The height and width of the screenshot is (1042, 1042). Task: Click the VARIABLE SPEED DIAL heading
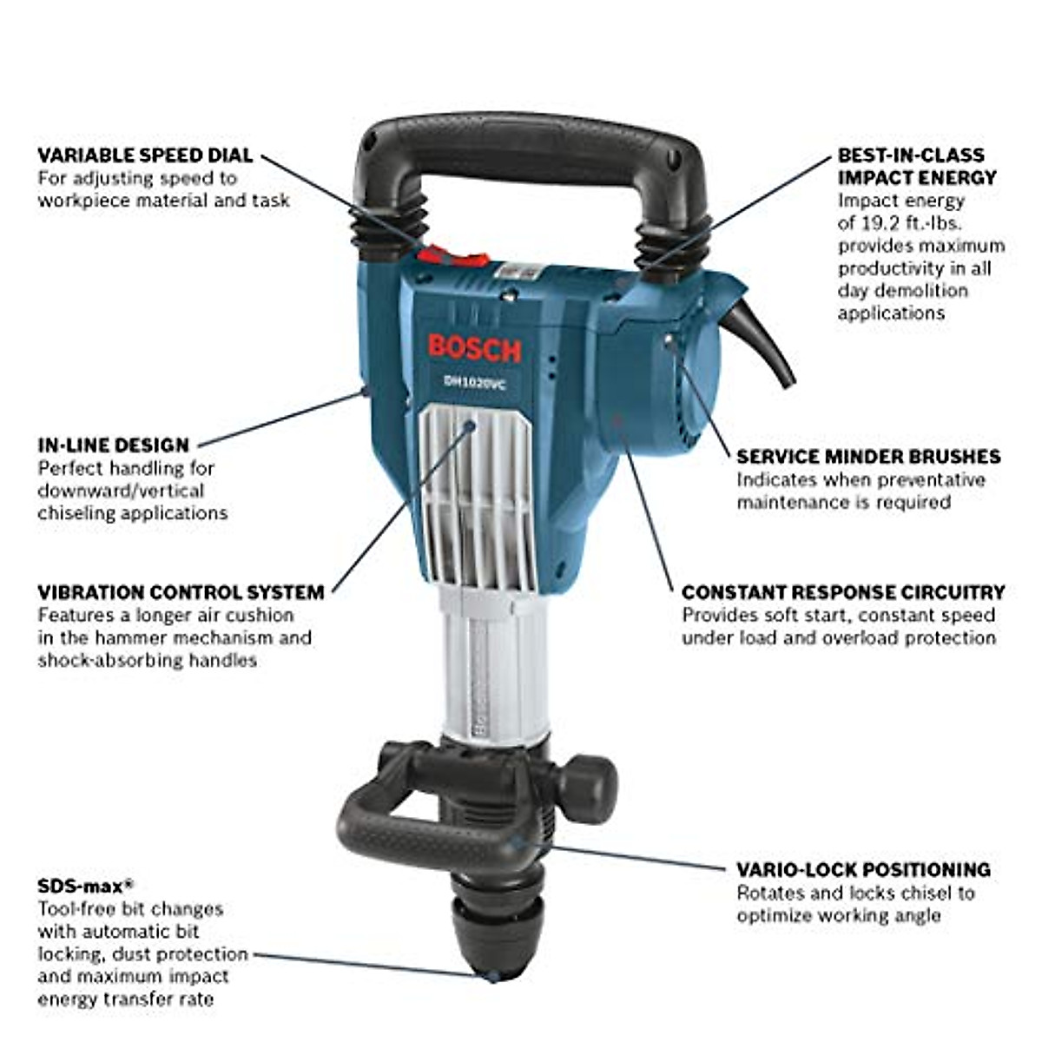(145, 155)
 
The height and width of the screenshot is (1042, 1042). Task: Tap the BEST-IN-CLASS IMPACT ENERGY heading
(916, 166)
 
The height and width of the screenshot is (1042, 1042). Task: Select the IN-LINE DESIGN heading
(113, 445)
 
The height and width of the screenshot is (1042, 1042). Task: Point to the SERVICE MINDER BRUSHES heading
(868, 457)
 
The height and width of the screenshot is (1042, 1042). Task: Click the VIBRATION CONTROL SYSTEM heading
(181, 593)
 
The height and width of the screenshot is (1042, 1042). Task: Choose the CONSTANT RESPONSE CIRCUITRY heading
(843, 593)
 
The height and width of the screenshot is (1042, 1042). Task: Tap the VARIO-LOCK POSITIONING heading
(863, 870)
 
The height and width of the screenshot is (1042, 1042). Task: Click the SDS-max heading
(85, 887)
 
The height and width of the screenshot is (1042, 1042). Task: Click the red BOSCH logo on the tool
(474, 349)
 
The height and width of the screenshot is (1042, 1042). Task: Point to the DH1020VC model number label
(474, 381)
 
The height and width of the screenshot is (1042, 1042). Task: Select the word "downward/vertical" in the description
(121, 491)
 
